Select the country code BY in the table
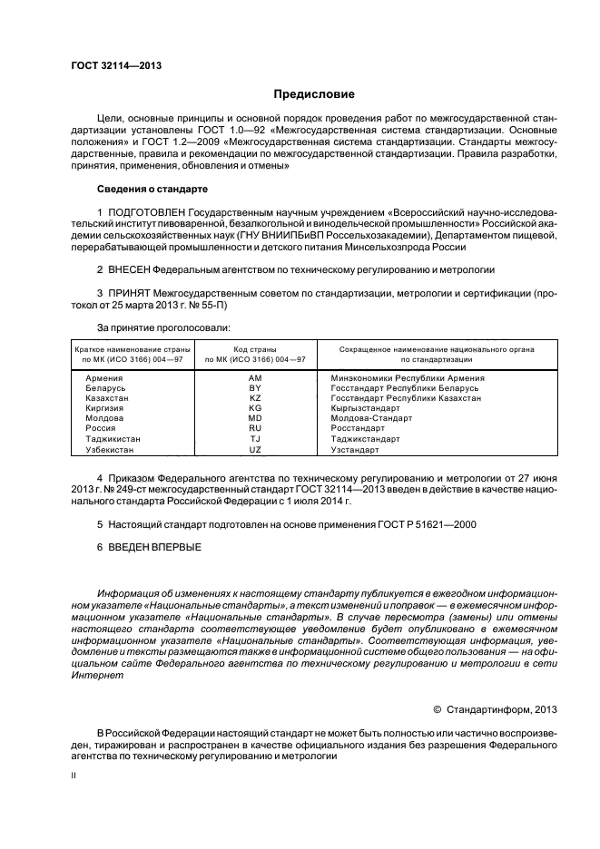255,387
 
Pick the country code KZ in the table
255,398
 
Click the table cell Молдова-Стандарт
371,418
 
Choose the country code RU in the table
255,428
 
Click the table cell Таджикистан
113,438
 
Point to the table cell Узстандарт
355,449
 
